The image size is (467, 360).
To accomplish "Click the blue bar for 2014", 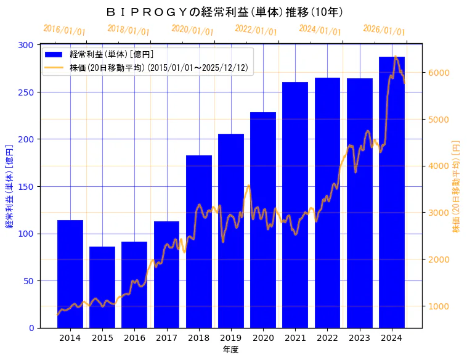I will pyautogui.click(x=70, y=274).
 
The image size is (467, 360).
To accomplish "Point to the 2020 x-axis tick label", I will pyautogui.click(x=263, y=338).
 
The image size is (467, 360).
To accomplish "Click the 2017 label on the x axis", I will pyautogui.click(x=166, y=338).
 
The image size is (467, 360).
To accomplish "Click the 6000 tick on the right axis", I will pyautogui.click(x=439, y=73).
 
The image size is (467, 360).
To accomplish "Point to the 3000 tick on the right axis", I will pyautogui.click(x=439, y=213).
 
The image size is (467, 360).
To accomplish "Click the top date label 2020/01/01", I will pyautogui.click(x=192, y=30).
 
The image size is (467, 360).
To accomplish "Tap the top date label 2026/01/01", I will pyautogui.click(x=384, y=30).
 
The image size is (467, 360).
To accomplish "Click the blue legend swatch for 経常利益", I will pyautogui.click(x=54, y=55).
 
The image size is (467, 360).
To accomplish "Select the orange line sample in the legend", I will pyautogui.click(x=54, y=68).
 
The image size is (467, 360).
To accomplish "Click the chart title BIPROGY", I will pyautogui.click(x=225, y=12).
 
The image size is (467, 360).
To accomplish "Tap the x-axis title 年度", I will pyautogui.click(x=230, y=350).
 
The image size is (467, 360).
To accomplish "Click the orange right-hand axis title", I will pyautogui.click(x=457, y=186).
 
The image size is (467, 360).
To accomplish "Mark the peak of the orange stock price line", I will pyautogui.click(x=395, y=57).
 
